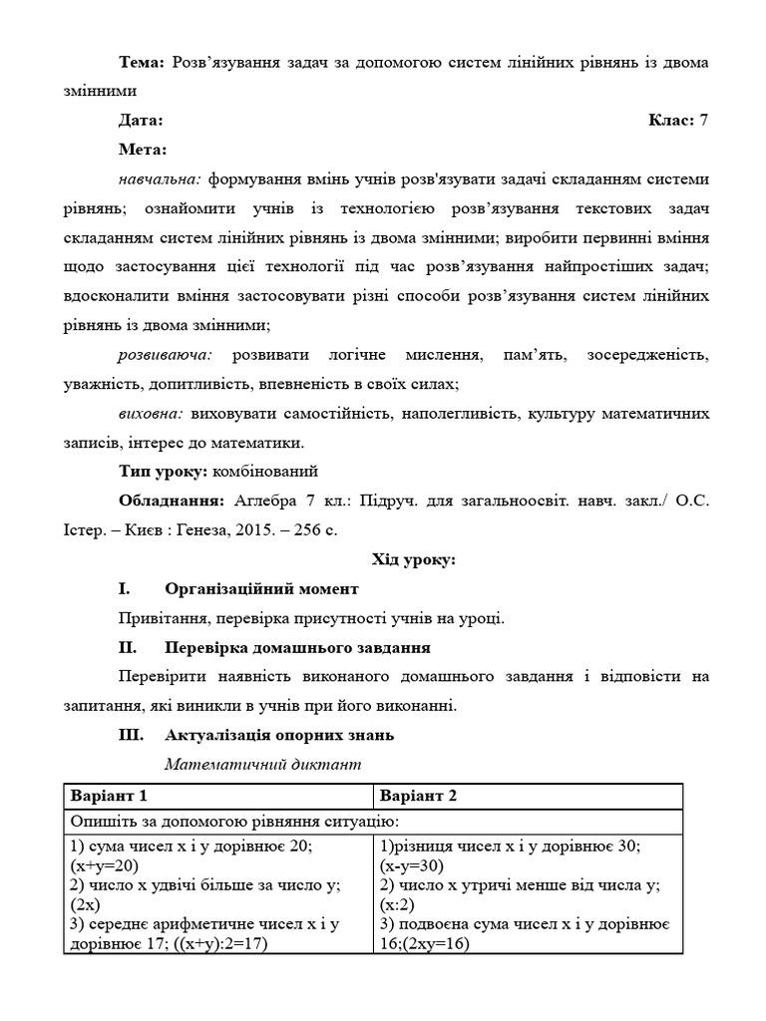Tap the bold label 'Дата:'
pyautogui.click(x=141, y=121)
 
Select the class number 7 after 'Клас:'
pyautogui.click(x=704, y=121)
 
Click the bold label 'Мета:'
pyautogui.click(x=144, y=150)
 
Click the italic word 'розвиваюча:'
pyautogui.click(x=165, y=355)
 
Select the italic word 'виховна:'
pyautogui.click(x=151, y=413)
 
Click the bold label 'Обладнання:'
pyautogui.click(x=170, y=501)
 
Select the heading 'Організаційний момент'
pyautogui.click(x=261, y=589)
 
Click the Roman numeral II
pyautogui.click(x=127, y=648)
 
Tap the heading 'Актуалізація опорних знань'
pyautogui.click(x=279, y=736)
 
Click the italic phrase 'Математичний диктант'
pyautogui.click(x=262, y=766)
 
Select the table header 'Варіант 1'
pyautogui.click(x=109, y=796)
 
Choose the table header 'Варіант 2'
pyautogui.click(x=420, y=796)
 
